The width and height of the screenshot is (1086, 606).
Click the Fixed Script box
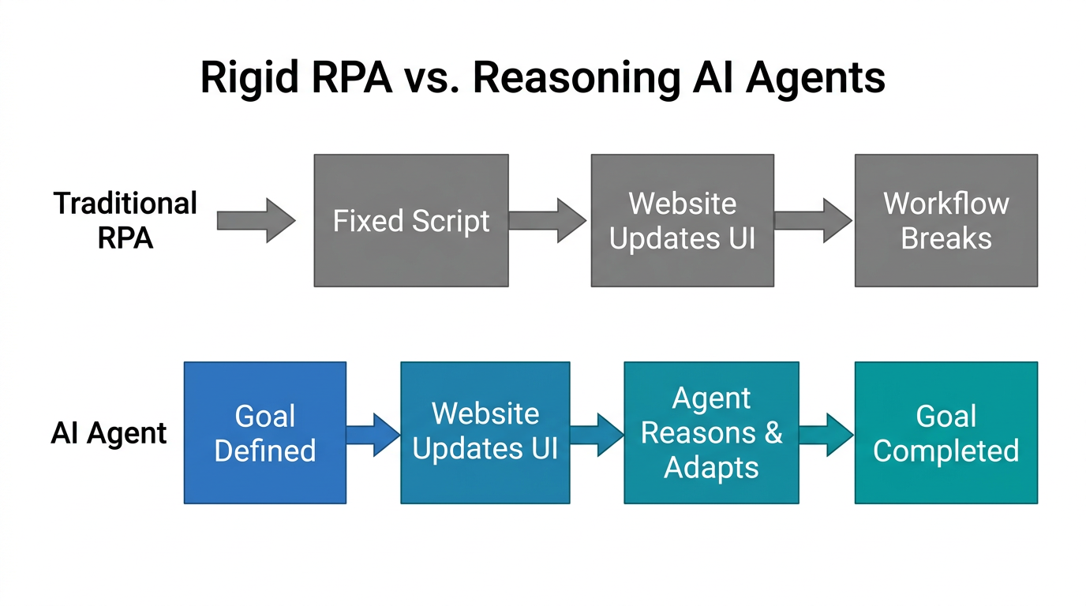point(410,220)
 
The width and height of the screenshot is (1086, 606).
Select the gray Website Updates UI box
point(682,220)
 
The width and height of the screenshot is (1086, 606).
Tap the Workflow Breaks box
point(946,220)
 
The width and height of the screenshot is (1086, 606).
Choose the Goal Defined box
point(264,432)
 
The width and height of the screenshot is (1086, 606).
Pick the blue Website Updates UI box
point(485,432)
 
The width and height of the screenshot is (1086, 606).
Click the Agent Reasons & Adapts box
point(710,432)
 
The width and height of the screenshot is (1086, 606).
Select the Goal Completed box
point(946,432)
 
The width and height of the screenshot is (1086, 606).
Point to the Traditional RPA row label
point(125,220)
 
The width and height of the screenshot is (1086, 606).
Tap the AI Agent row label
point(109,433)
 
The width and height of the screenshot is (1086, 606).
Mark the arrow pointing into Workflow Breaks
point(813,220)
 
